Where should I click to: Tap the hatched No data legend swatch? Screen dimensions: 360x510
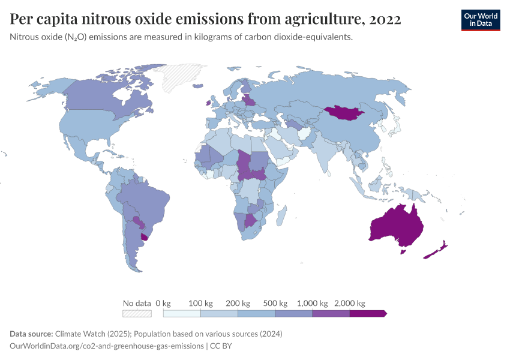tap(136, 313)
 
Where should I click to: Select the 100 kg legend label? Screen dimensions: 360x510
tap(200, 303)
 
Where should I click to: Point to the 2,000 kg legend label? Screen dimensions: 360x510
tap(349, 303)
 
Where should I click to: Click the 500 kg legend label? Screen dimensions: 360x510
tap(275, 303)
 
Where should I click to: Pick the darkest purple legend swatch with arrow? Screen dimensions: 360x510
tap(367, 313)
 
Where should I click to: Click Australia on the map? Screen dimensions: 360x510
tap(398, 226)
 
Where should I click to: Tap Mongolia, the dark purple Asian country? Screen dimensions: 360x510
tap(345, 112)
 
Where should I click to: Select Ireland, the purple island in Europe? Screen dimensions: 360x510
tap(208, 103)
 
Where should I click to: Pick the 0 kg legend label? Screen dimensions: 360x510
tap(163, 303)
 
